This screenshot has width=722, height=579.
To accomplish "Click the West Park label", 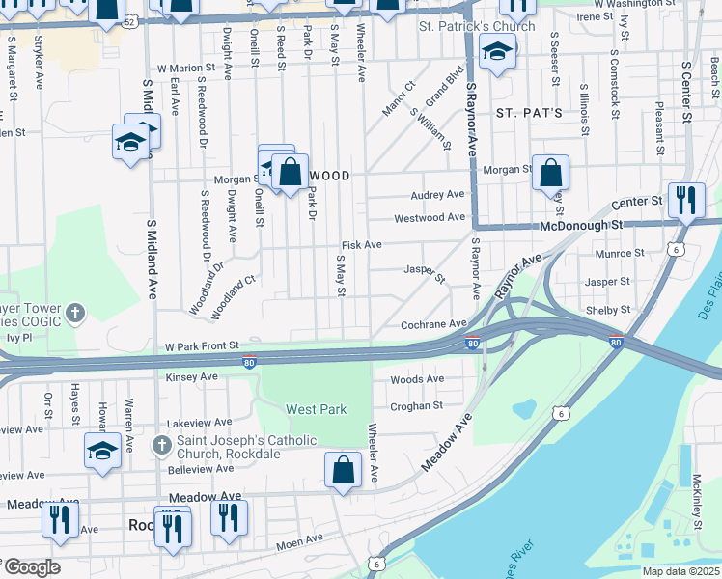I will (x=317, y=409).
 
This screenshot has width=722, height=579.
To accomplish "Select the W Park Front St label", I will (x=201, y=345).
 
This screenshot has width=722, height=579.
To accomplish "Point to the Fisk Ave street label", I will (x=361, y=246).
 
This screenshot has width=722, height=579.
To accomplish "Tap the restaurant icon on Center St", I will (x=685, y=201).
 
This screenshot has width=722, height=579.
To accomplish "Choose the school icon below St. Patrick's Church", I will (x=497, y=51).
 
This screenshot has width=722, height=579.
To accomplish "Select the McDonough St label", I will (x=577, y=225).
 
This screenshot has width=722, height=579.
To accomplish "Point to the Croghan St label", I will (x=415, y=406).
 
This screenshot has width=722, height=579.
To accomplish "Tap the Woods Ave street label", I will (x=417, y=379).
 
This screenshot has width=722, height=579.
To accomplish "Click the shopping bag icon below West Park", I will (x=344, y=472).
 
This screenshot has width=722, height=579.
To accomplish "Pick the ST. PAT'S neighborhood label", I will (x=529, y=113).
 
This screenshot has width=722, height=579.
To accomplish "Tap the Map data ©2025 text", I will (x=680, y=571).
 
